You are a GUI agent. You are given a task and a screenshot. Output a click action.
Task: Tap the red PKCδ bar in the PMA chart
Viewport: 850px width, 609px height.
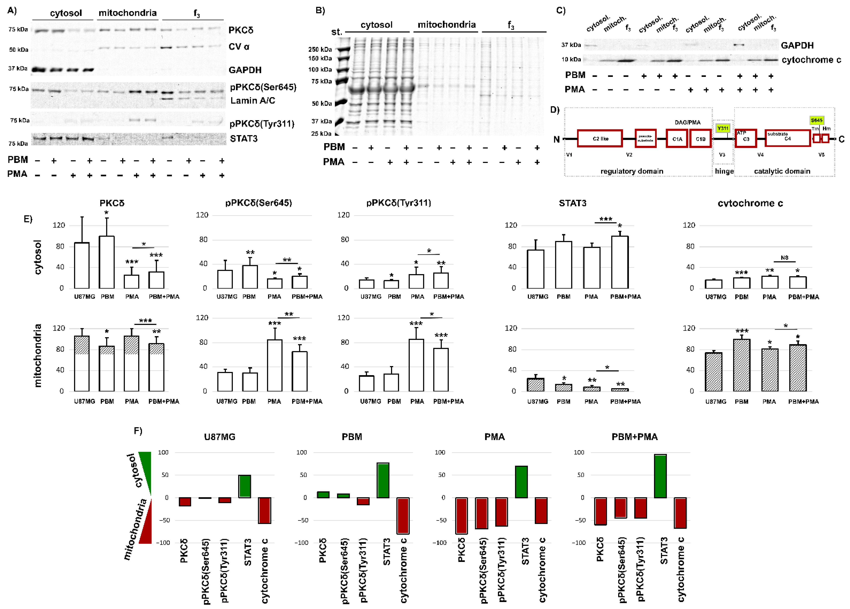point(461,515)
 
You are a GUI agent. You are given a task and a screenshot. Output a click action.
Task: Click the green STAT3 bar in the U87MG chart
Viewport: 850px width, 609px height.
point(244,486)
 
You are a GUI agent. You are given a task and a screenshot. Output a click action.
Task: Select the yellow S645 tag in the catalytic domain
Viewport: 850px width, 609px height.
point(816,120)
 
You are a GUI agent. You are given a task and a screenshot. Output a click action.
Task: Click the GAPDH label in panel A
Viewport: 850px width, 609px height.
point(245,70)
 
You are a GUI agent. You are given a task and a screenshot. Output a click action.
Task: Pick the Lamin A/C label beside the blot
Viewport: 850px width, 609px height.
point(253,100)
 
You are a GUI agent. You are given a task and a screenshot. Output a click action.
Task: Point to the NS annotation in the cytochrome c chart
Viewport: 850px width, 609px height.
point(784,257)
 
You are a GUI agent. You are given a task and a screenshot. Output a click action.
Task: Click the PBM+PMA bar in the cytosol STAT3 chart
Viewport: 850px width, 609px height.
point(619,262)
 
